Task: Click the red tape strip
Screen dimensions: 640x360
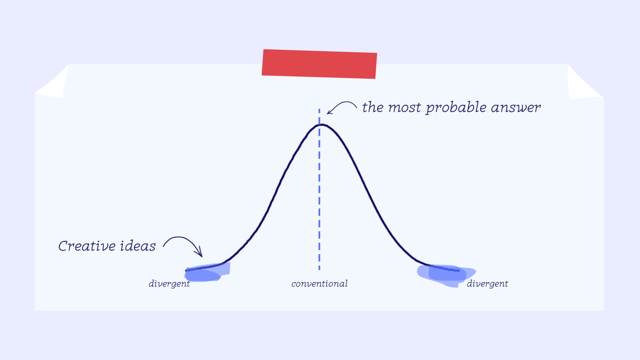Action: pos(319,64)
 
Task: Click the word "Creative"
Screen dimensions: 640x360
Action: pos(87,246)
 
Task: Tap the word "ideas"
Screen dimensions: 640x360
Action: pos(138,246)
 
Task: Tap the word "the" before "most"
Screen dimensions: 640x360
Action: pos(373,107)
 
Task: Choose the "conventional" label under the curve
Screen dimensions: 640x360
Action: pos(319,284)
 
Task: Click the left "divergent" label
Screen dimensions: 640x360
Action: pos(169,284)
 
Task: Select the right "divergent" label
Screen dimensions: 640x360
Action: pos(487,284)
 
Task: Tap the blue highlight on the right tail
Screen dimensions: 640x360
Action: pos(446,275)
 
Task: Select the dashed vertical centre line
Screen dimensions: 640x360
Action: pos(319,189)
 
